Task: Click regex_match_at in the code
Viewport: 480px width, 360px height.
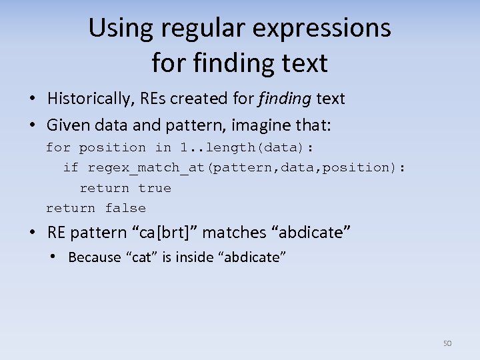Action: (147, 167)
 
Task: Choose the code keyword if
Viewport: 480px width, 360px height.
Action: (71, 167)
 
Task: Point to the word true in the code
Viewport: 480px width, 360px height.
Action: (155, 188)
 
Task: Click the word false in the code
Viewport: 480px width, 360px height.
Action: (125, 208)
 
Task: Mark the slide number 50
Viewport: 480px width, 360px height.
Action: (447, 343)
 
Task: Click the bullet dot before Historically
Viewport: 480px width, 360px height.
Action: (33, 99)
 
